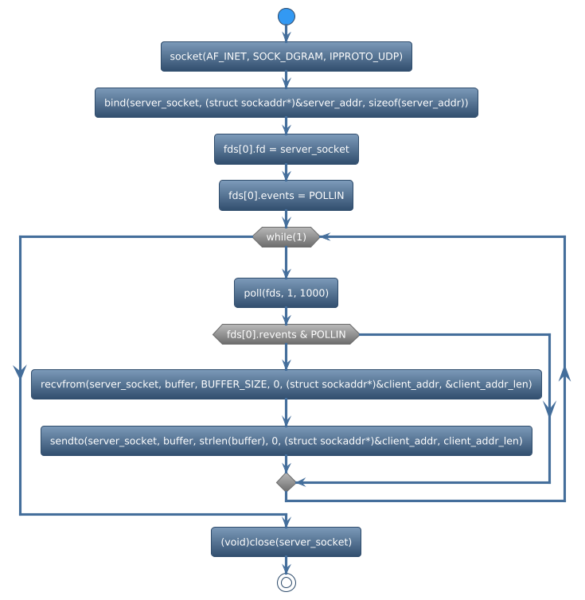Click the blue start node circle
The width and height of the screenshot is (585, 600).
click(x=287, y=17)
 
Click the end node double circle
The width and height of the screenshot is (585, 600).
click(x=287, y=582)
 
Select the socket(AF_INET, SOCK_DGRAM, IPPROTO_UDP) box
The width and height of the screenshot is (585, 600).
click(x=287, y=56)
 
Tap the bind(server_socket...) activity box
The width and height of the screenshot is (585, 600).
click(x=287, y=103)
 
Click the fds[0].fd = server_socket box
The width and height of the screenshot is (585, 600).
click(x=287, y=149)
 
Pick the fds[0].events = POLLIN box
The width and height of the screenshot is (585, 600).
click(x=287, y=195)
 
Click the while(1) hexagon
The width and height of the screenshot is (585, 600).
click(x=287, y=236)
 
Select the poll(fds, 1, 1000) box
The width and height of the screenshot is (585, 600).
click(x=287, y=293)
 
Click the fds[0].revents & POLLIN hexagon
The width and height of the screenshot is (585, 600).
click(x=287, y=334)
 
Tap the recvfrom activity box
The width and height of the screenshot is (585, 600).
click(x=287, y=384)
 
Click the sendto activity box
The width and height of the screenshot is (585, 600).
click(x=287, y=440)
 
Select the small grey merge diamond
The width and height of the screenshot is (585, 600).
click(x=287, y=482)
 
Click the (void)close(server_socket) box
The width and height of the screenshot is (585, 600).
click(x=287, y=542)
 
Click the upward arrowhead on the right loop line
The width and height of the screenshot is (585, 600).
click(x=564, y=375)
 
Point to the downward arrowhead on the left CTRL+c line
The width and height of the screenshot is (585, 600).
click(x=19, y=371)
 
